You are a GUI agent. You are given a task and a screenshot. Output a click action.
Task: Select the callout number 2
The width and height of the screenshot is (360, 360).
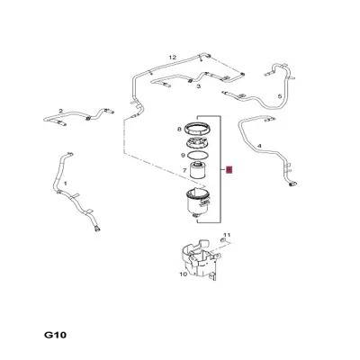[x=61, y=112]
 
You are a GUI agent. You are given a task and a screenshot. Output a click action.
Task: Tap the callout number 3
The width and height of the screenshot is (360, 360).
[x=198, y=86]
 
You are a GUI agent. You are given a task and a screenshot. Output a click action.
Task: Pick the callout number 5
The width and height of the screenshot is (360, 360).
[x=279, y=96]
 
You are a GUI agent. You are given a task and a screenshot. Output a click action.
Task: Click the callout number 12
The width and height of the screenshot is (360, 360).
[x=172, y=57]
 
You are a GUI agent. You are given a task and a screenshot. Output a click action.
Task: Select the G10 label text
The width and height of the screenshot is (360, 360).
[x=56, y=335]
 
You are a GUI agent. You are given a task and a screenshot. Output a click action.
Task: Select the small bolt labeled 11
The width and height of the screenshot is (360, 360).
[x=220, y=243]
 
